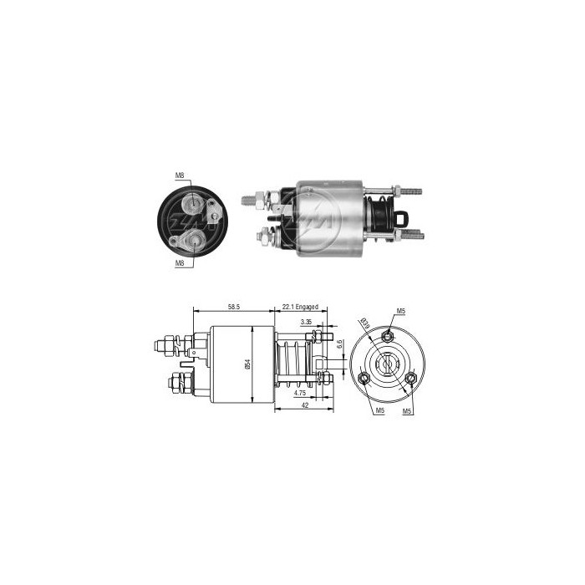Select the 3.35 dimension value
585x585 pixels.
(x=307, y=321)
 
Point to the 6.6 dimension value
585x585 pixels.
(x=339, y=344)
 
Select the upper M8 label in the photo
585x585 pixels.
(x=180, y=175)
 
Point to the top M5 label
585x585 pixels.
(x=400, y=312)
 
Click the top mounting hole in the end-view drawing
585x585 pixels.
(x=387, y=336)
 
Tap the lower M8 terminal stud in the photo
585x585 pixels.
(x=193, y=239)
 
